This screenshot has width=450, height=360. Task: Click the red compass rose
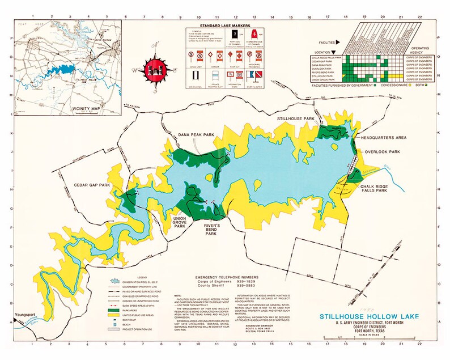tap(151, 70)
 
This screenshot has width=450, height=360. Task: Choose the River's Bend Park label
tap(211, 228)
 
